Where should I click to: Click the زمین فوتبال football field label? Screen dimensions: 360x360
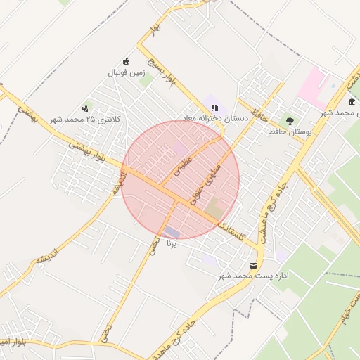125,72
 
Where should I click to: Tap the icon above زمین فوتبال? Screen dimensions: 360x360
126,60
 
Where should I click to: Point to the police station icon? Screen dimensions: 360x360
85,108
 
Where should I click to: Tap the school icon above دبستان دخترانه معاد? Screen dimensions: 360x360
214,108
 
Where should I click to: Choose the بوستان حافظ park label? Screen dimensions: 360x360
290,131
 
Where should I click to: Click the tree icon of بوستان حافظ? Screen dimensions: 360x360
290,120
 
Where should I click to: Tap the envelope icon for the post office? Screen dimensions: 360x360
253,265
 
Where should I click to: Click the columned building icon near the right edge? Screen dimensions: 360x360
351,102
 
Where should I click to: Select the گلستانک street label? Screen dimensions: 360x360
231,230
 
